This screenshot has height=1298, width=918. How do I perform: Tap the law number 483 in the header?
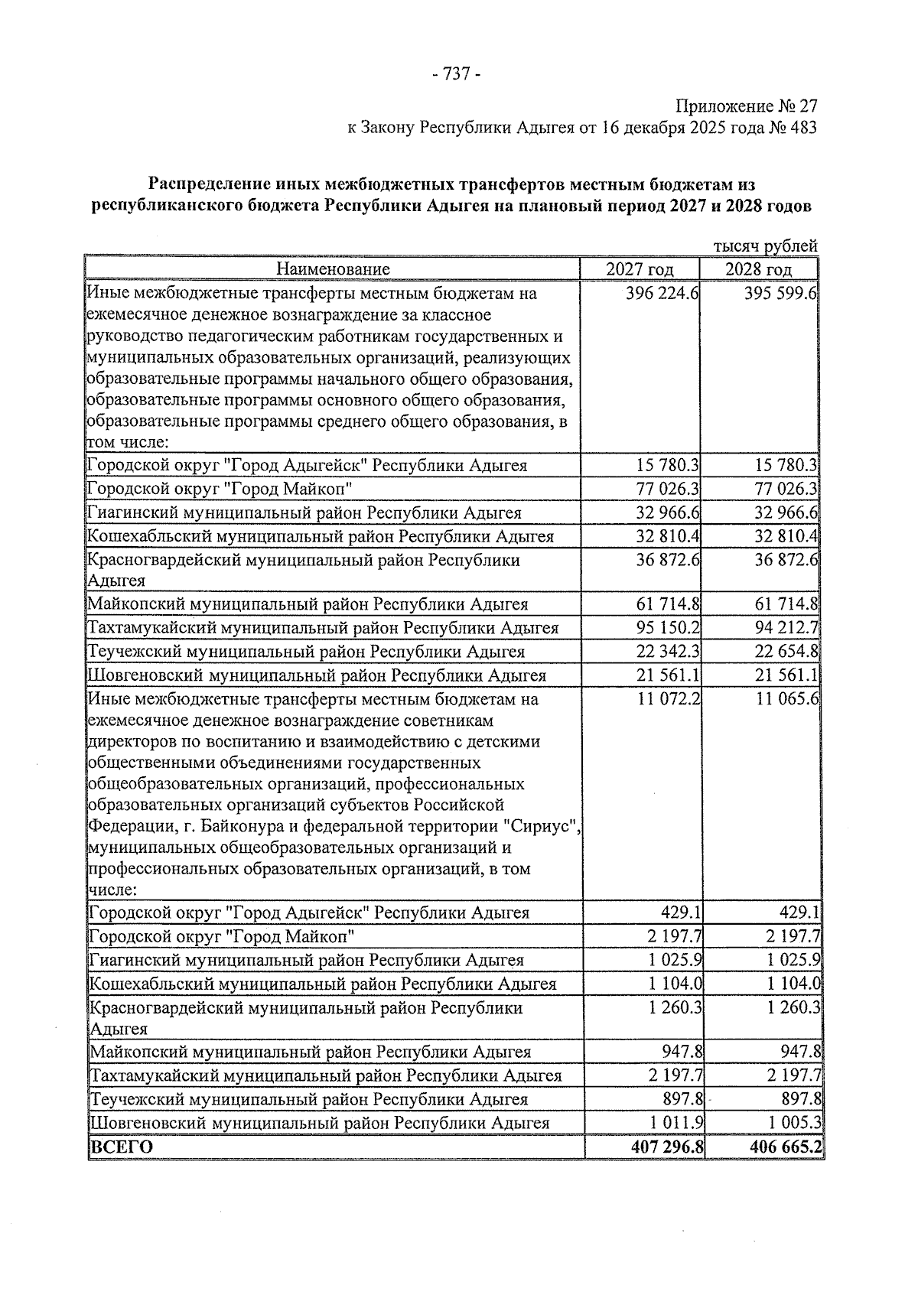click(802, 128)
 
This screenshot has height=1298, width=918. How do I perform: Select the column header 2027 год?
click(640, 269)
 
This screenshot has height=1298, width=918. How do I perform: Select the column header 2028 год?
click(759, 269)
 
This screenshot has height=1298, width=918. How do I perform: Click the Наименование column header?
click(333, 269)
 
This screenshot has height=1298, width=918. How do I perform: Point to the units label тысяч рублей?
click(765, 246)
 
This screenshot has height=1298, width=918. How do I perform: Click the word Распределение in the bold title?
click(203, 184)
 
